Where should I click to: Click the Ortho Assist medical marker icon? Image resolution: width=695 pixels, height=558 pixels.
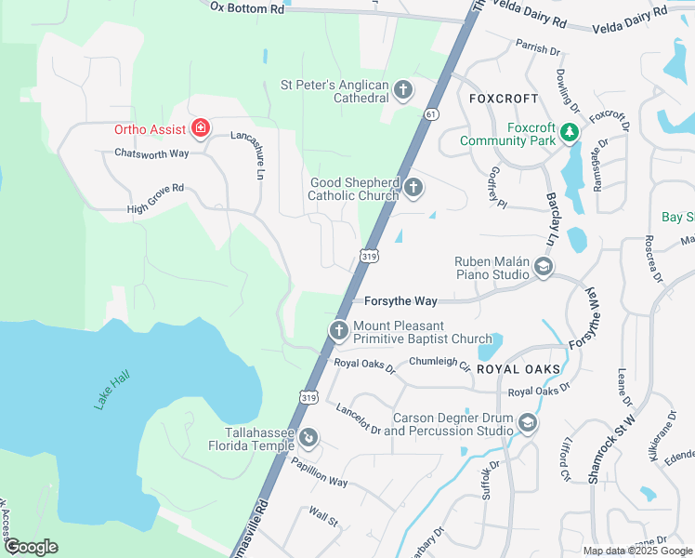(199, 127)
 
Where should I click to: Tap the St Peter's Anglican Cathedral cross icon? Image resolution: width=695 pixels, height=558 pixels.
(403, 90)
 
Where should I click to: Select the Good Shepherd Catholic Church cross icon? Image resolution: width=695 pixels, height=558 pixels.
(413, 189)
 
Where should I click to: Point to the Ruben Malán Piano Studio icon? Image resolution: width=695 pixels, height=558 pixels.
(544, 269)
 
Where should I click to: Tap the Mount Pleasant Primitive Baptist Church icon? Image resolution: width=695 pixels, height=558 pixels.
(339, 330)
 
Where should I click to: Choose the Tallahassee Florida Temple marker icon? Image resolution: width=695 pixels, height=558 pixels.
(309, 438)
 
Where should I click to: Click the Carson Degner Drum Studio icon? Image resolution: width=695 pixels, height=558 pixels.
(528, 424)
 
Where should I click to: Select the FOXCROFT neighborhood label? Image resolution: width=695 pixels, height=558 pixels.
(504, 98)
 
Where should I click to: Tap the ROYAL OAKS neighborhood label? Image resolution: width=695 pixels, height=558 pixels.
(518, 369)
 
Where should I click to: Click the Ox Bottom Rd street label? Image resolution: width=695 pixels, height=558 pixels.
(246, 7)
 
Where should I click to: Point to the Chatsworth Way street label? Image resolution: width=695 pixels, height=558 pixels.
(151, 153)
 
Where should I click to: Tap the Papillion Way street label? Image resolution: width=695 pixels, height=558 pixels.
(319, 474)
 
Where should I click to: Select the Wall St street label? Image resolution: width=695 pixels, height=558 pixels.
(323, 516)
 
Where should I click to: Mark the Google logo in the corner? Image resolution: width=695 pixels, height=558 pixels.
(30, 547)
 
